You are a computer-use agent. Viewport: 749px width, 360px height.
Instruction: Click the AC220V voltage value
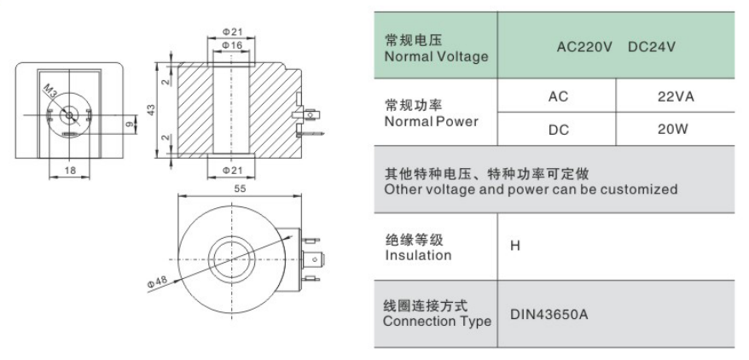[x=584, y=47]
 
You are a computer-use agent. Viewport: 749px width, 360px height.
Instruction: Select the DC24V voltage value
[x=652, y=47]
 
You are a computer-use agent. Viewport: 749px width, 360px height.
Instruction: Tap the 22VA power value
[x=676, y=97]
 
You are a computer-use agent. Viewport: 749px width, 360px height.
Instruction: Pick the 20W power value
[x=672, y=129]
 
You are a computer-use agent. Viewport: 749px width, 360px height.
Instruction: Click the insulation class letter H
[x=515, y=247]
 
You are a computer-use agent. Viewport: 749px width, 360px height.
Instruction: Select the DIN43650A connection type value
[x=549, y=315]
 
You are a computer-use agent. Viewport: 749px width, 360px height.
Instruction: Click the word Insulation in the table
[x=418, y=255]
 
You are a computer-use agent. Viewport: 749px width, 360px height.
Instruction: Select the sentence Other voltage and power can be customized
[x=531, y=189]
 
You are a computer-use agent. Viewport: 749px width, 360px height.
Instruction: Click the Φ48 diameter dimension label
[x=157, y=282]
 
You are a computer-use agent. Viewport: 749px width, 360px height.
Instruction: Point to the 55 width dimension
[x=240, y=189]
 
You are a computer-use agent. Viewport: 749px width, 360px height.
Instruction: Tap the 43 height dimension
[x=151, y=110]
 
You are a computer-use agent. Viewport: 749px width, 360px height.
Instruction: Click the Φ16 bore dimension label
[x=232, y=45]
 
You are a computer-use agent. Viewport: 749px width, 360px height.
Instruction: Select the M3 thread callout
[x=50, y=90]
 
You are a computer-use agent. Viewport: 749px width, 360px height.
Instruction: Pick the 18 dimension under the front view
[x=70, y=171]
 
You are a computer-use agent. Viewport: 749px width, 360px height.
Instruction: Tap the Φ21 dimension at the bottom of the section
[x=232, y=171]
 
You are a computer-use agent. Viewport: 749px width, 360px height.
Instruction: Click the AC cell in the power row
[x=558, y=97]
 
